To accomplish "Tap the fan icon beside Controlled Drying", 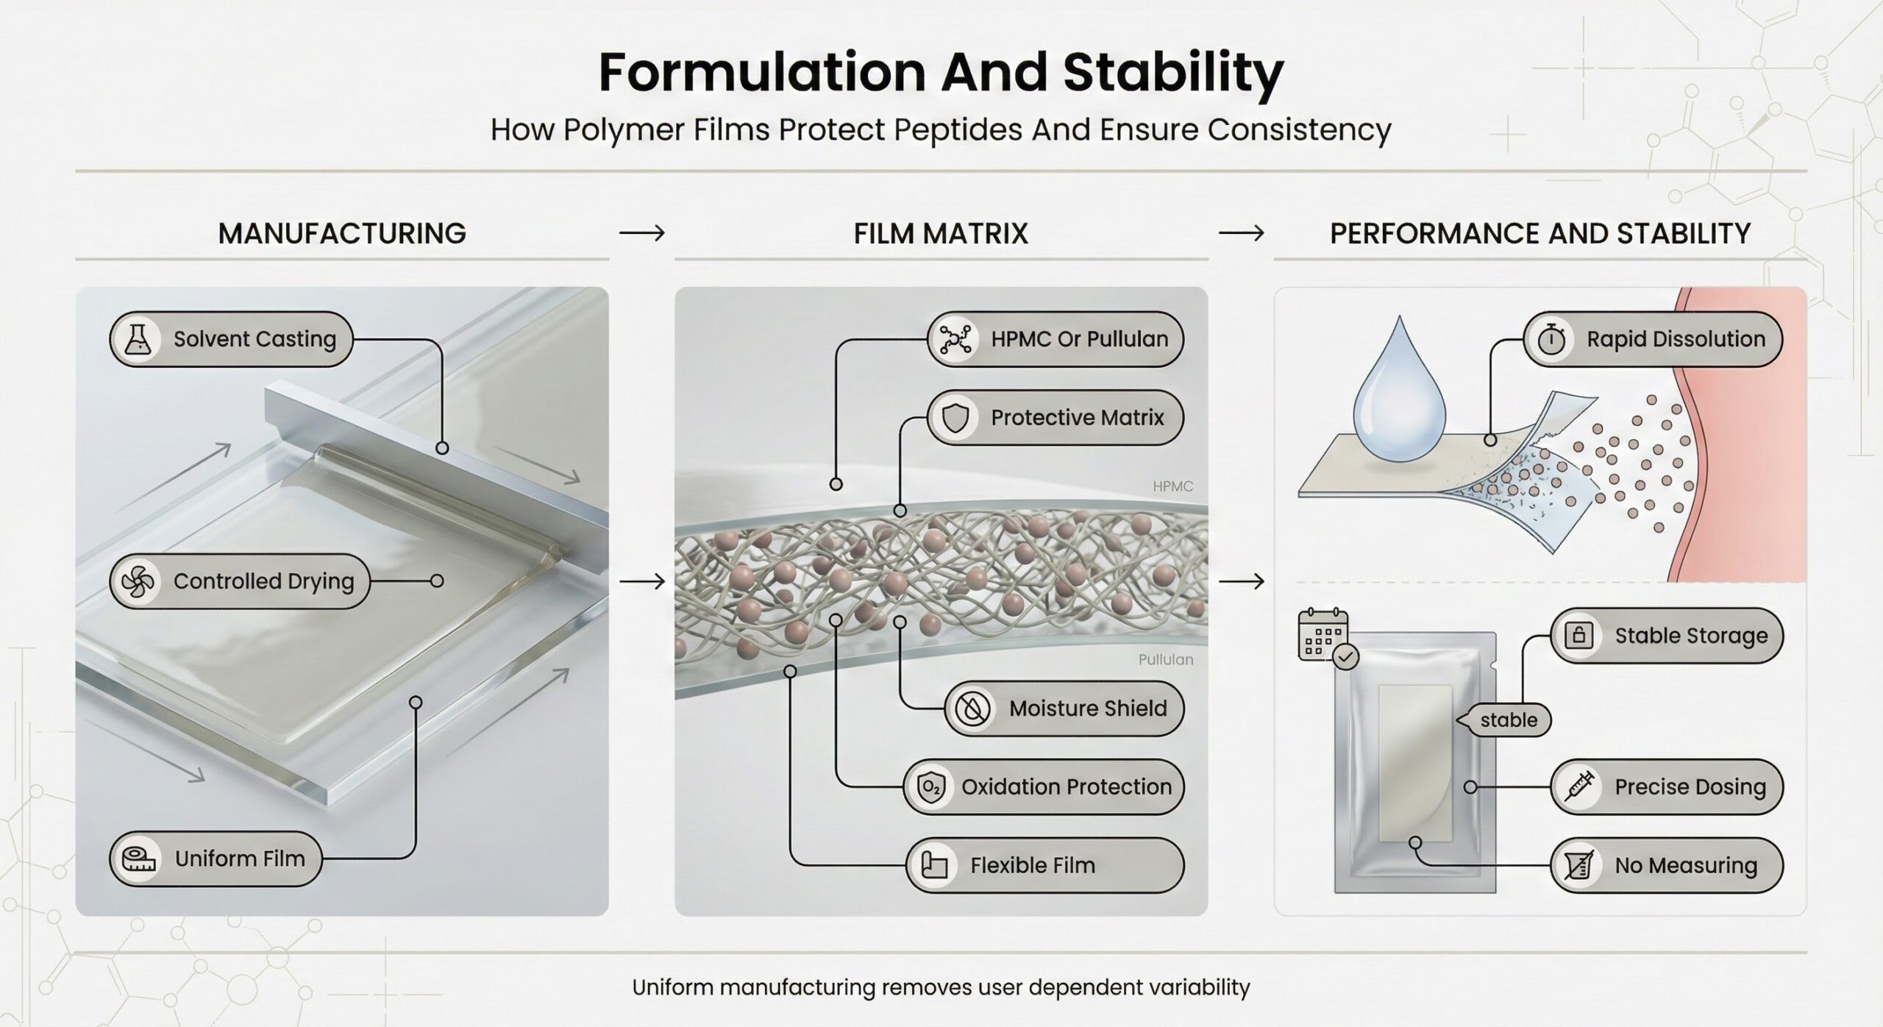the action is click(x=138, y=582).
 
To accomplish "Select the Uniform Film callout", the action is click(x=216, y=859).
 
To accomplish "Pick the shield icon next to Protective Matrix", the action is click(x=955, y=418).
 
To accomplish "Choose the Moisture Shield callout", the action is click(x=1064, y=708).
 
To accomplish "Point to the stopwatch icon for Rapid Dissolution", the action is click(x=1551, y=339).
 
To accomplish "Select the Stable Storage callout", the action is click(x=1667, y=636).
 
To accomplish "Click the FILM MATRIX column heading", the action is click(x=941, y=234).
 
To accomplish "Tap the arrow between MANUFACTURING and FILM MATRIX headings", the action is click(x=641, y=234).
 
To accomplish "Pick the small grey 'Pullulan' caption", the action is click(x=1166, y=660).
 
